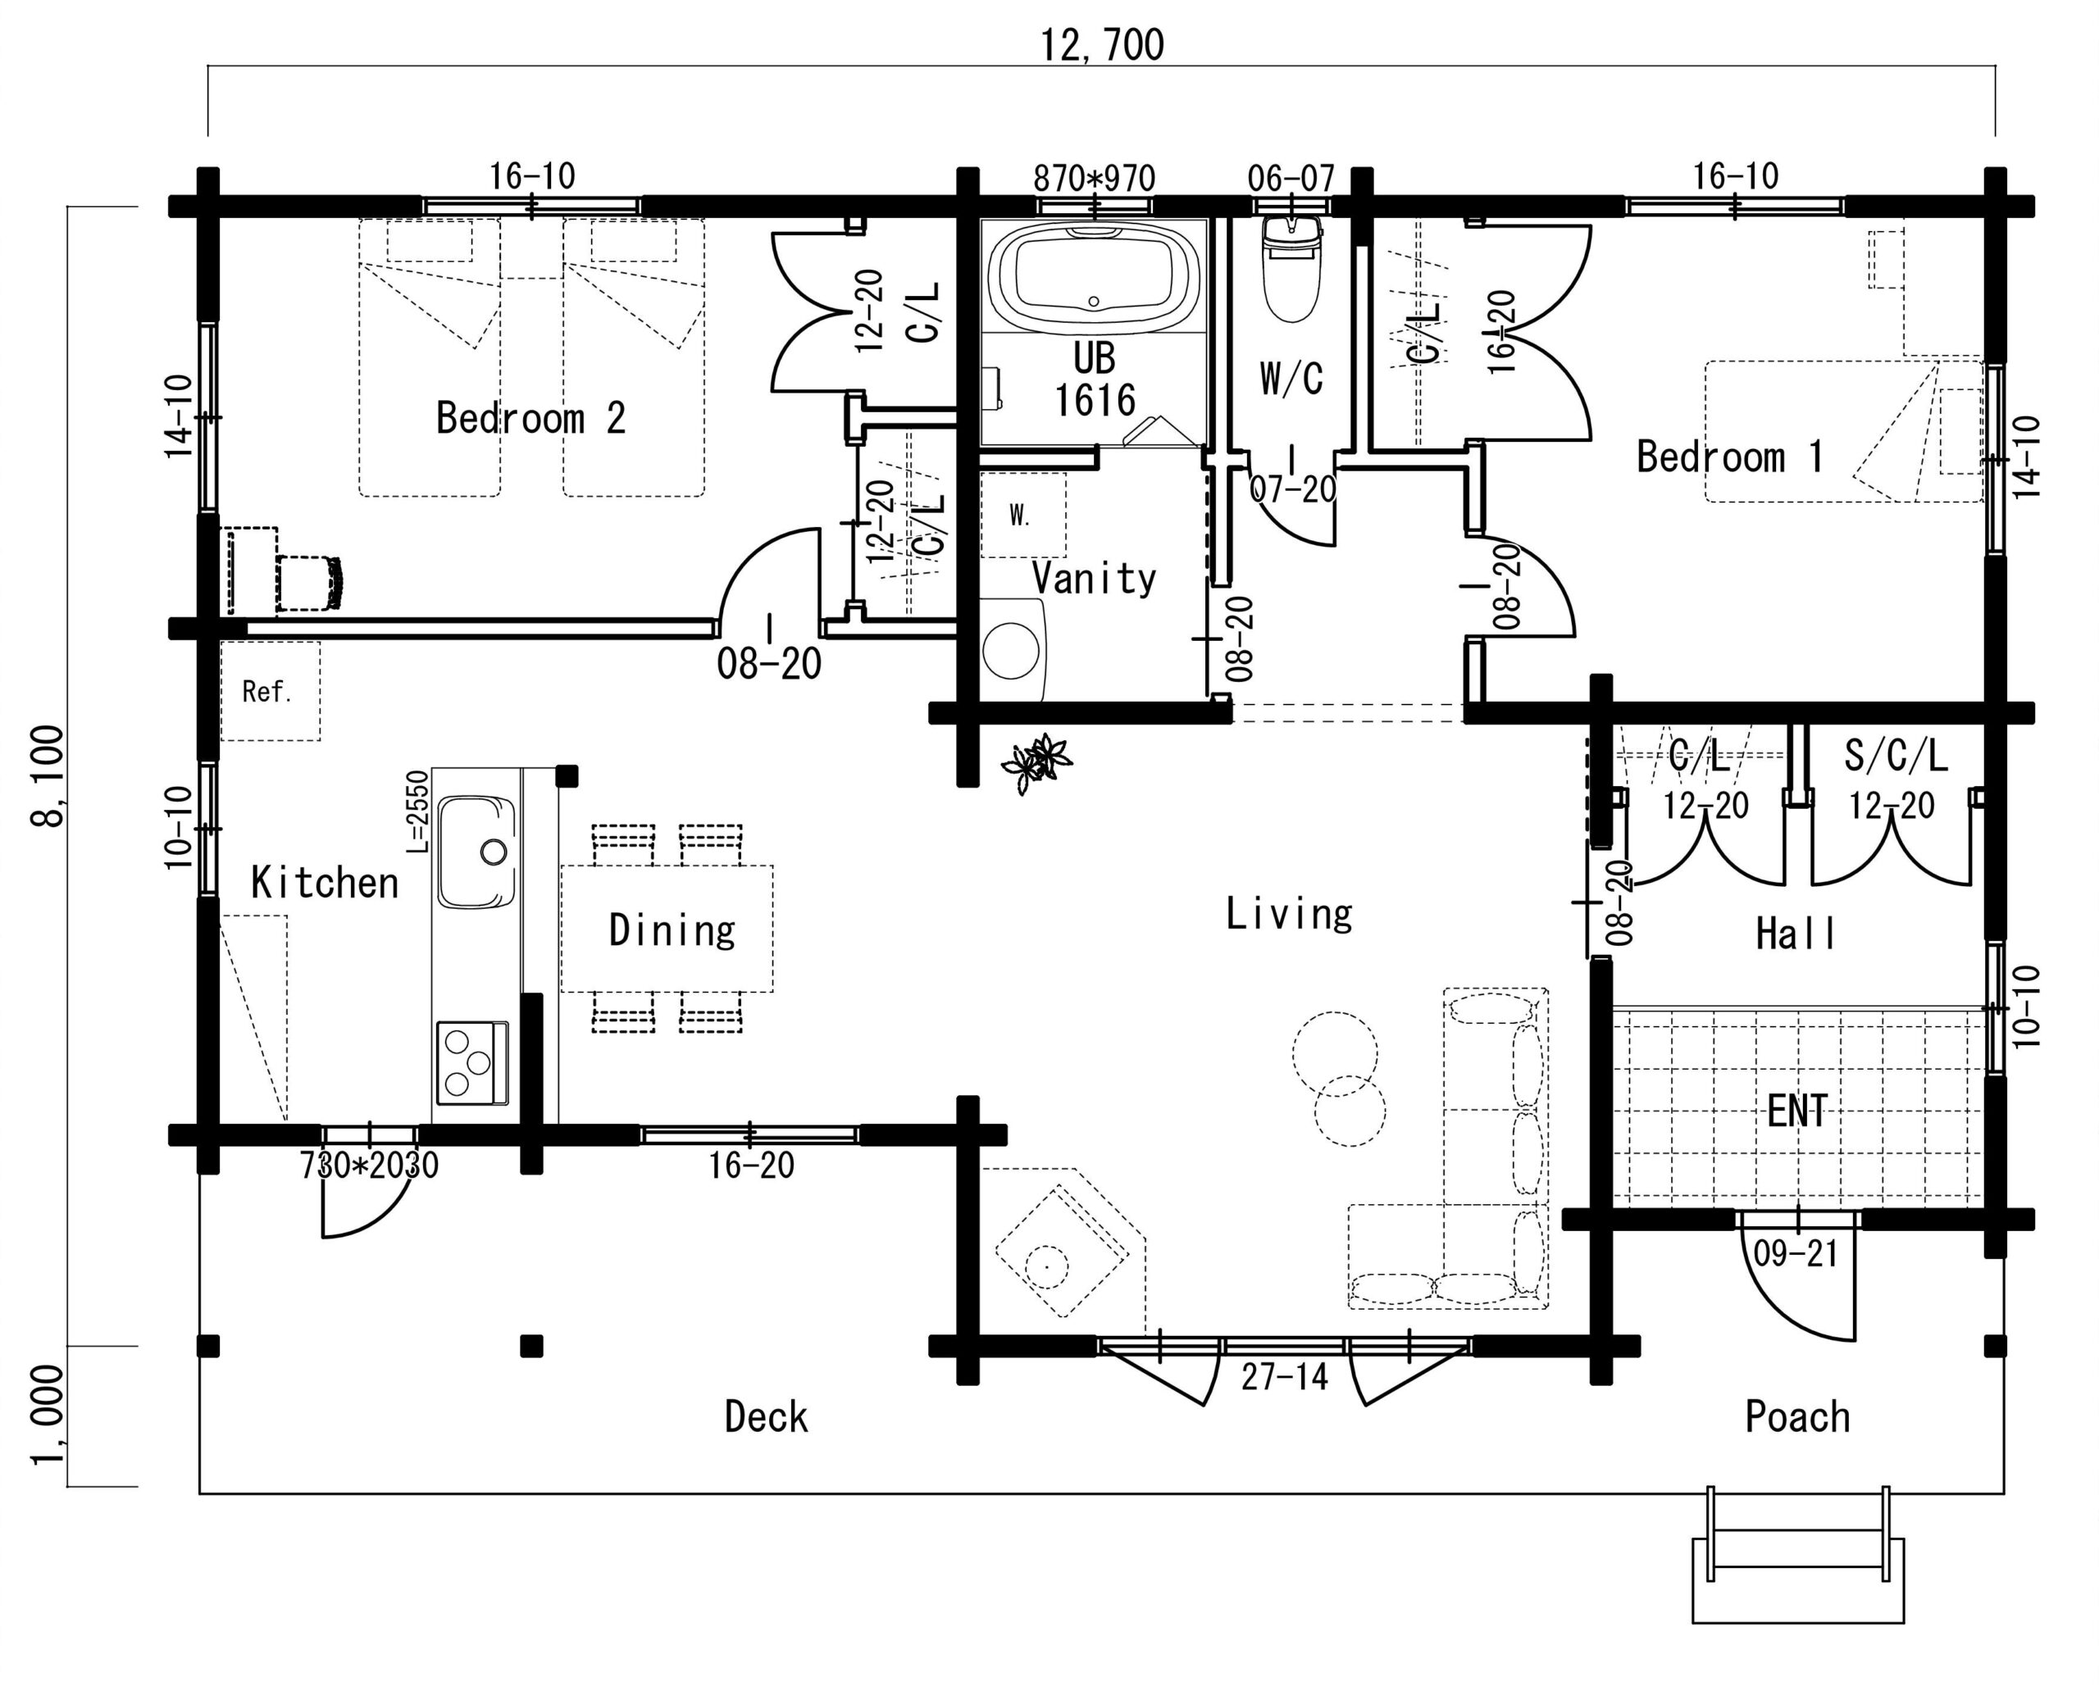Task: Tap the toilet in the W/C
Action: pos(1291,268)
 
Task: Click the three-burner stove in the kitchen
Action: pos(472,1062)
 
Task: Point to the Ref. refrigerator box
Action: pos(270,691)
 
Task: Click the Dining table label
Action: pos(672,930)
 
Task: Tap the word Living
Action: pos(1289,913)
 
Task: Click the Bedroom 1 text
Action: pos(1730,457)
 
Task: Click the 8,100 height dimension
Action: pos(48,776)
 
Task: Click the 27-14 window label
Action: pos(1284,1376)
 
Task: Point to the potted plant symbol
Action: pos(1037,762)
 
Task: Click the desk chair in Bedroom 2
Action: pos(311,583)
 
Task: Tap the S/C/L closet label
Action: pos(1896,756)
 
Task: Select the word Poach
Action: pos(1797,1416)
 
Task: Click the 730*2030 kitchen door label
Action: pos(369,1166)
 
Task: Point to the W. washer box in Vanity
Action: pos(1022,515)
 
